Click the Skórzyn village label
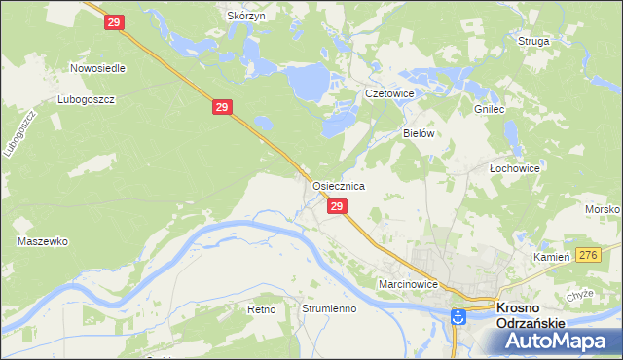pos(245,17)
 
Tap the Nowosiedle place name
pos(94,69)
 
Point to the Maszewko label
pos(42,240)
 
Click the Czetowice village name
pos(389,93)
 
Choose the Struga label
pos(534,42)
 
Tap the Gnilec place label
pos(490,110)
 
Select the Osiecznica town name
pos(338,185)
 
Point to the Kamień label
pos(551,257)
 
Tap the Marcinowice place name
pos(410,284)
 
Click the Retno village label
pos(262,308)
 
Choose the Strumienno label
pos(329,308)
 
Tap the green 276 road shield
pos(587,254)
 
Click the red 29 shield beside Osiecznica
pos(337,207)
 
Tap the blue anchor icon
pos(457,314)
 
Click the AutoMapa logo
pos(559,340)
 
